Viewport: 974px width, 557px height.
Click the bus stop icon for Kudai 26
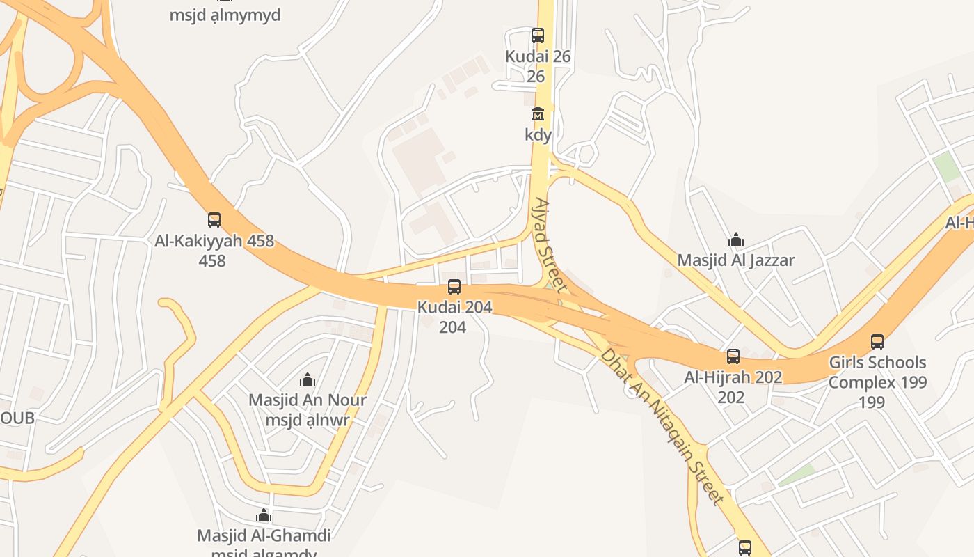click(538, 36)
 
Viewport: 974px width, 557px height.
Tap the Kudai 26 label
click(538, 57)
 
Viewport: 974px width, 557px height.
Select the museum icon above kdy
click(538, 113)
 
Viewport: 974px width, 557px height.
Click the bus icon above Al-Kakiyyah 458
click(214, 220)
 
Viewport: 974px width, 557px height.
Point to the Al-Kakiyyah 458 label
click(214, 242)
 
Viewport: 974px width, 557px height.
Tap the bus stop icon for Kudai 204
click(454, 286)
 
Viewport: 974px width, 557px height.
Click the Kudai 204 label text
click(454, 306)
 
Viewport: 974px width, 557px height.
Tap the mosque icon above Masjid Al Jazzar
click(736, 240)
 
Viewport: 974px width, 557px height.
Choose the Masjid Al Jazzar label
click(736, 260)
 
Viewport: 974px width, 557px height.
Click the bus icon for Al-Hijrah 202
click(733, 356)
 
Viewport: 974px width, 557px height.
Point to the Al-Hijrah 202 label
click(733, 377)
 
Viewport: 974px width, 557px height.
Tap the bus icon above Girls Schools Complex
click(877, 342)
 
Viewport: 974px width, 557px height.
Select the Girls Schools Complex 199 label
click(877, 372)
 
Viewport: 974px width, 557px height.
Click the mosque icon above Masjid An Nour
click(308, 379)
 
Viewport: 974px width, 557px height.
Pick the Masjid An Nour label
click(308, 400)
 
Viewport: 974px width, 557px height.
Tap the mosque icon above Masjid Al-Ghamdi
click(264, 515)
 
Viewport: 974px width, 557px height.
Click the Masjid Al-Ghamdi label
click(264, 535)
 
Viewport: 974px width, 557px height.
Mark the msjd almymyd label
click(225, 15)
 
